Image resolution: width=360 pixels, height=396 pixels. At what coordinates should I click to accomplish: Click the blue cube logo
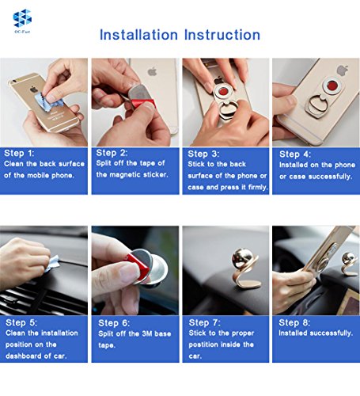[x=22, y=18]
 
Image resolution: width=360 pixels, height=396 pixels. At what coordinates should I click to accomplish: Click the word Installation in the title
[x=138, y=35]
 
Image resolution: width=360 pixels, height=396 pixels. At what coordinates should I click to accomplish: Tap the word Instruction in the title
[x=222, y=35]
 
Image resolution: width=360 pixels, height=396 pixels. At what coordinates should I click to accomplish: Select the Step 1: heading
[x=19, y=153]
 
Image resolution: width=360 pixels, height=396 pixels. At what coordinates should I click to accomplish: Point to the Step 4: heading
[x=295, y=154]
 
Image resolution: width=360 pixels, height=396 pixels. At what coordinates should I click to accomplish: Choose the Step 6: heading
[x=114, y=323]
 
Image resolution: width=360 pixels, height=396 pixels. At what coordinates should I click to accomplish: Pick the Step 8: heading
[x=294, y=322]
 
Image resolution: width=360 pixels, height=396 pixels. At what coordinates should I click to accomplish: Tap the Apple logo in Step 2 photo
[x=152, y=71]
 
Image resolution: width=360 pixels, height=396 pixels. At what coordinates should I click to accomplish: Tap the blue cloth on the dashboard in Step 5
[x=52, y=262]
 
